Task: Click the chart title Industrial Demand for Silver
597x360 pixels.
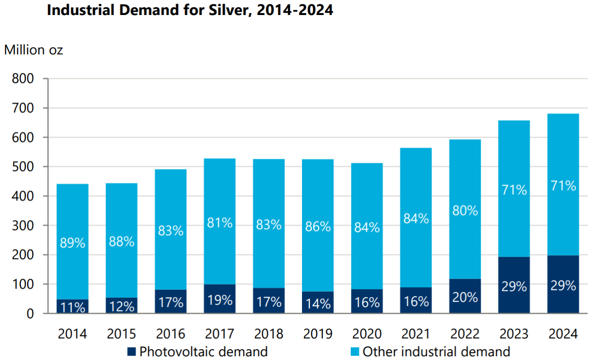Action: tap(190, 10)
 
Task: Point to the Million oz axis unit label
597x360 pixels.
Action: tap(34, 50)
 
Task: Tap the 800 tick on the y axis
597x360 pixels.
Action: tap(23, 79)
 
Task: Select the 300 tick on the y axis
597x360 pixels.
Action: tap(23, 226)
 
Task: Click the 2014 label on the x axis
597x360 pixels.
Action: tap(72, 334)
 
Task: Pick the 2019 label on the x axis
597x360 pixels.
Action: tap(317, 334)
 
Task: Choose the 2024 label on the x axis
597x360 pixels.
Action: tap(563, 334)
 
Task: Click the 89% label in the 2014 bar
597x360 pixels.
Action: tap(72, 243)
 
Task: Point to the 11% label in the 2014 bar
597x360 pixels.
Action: tap(72, 307)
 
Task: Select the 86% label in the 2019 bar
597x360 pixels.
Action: tap(317, 227)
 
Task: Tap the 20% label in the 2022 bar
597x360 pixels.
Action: tap(465, 297)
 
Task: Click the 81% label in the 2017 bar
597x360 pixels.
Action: tap(219, 222)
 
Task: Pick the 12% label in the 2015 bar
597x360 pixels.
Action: tap(121, 306)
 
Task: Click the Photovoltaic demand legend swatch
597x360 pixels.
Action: tap(131, 351)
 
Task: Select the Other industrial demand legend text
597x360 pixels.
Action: tap(436, 351)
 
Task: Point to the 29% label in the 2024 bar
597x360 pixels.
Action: tap(563, 286)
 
